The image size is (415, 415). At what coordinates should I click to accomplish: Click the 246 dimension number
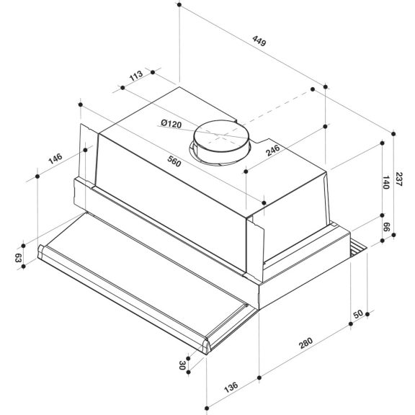(272, 151)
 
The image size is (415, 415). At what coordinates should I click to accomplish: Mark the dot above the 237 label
(396, 132)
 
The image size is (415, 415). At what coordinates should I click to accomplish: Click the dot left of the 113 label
(122, 87)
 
